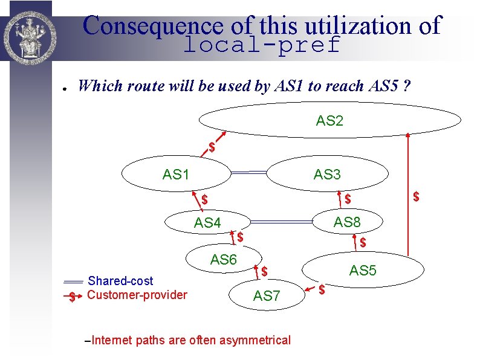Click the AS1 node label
(176, 175)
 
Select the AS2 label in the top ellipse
(329, 121)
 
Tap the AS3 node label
(327, 175)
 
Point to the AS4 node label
(207, 223)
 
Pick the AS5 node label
(363, 271)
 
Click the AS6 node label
(223, 260)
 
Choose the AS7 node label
(267, 296)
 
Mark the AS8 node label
(347, 222)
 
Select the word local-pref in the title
(261, 45)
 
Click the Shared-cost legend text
(120, 281)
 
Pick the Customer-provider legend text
(137, 295)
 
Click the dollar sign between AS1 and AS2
(212, 147)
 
